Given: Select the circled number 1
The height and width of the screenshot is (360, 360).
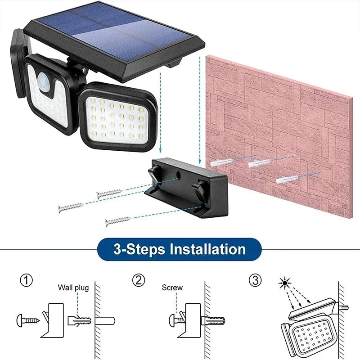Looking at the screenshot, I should pyautogui.click(x=27, y=281).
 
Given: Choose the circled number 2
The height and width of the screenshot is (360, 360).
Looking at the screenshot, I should pyautogui.click(x=139, y=281).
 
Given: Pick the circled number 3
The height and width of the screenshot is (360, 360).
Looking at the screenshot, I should pyautogui.click(x=255, y=281).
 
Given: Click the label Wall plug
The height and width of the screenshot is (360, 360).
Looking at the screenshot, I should pyautogui.click(x=73, y=288).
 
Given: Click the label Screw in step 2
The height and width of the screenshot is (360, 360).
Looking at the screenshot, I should pyautogui.click(x=172, y=288).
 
